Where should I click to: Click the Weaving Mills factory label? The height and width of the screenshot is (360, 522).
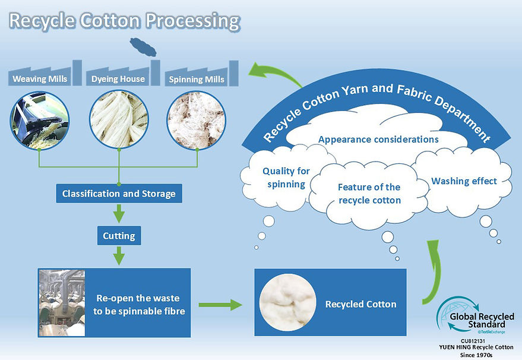point(40,79)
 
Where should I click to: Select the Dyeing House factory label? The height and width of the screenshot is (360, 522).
point(118,79)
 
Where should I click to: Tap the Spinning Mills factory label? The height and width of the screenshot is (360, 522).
point(197,79)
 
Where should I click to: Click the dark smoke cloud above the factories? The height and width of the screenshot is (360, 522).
point(143,46)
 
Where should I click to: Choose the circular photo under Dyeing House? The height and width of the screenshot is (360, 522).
point(119,119)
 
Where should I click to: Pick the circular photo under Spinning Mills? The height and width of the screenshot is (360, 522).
point(197,120)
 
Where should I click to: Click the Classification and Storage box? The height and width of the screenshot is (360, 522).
point(119,194)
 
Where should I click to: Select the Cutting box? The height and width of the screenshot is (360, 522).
point(119,236)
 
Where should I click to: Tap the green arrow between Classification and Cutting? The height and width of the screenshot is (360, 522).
point(119,213)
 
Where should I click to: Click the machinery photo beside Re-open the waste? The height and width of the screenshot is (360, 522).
point(62,303)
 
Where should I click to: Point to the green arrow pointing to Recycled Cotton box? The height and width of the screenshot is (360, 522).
point(220,304)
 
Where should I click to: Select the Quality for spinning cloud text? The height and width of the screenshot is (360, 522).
point(286,178)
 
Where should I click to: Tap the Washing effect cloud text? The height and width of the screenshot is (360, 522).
point(464,181)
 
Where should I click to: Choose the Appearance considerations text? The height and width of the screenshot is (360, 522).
point(378,139)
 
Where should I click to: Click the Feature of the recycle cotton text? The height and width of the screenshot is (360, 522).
point(369,194)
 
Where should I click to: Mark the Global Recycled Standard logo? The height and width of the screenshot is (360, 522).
point(476,315)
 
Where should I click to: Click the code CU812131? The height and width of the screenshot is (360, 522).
point(473,341)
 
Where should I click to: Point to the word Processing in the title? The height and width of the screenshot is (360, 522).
point(193,21)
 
